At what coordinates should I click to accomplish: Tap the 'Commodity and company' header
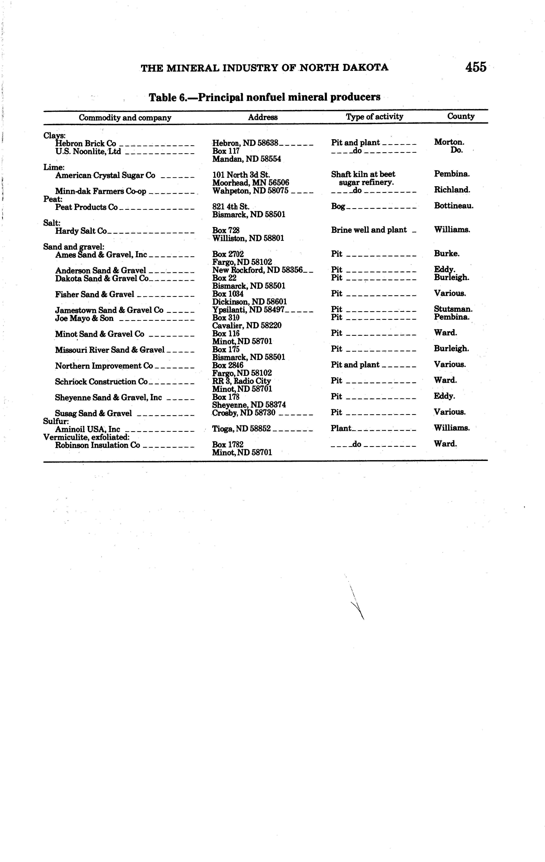click(125, 117)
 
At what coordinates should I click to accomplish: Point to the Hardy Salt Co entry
click(81, 231)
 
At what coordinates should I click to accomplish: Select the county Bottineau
click(453, 205)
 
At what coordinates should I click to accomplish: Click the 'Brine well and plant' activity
click(369, 230)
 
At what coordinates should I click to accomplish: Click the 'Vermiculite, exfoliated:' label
click(86, 437)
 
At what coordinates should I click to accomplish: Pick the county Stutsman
click(453, 309)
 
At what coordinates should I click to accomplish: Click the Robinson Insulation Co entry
click(97, 445)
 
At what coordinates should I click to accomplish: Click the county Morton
click(449, 142)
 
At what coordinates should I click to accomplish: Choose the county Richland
click(452, 190)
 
